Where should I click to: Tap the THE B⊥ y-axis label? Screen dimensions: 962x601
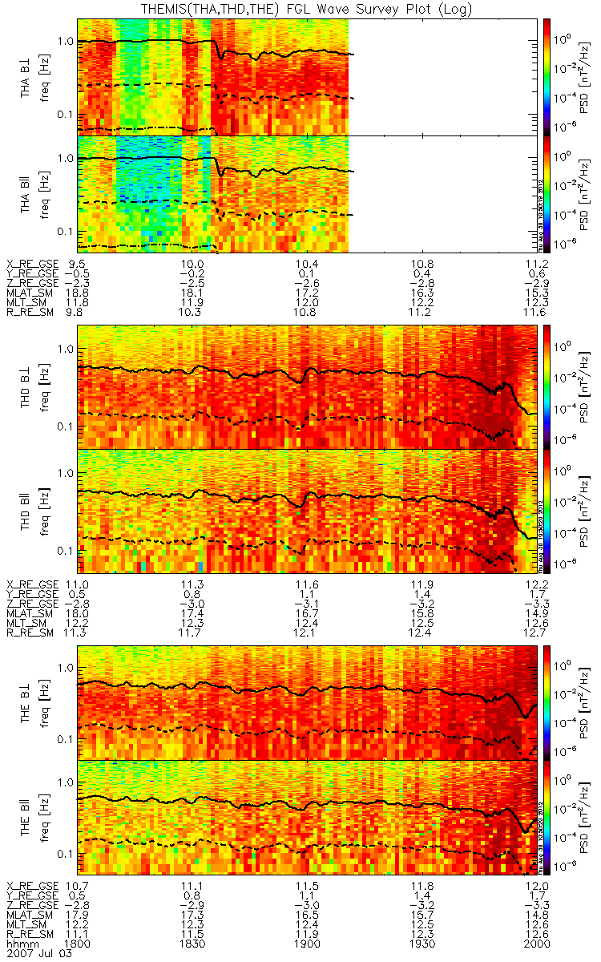(x=26, y=702)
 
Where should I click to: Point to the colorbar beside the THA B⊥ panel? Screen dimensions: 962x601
(x=547, y=76)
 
